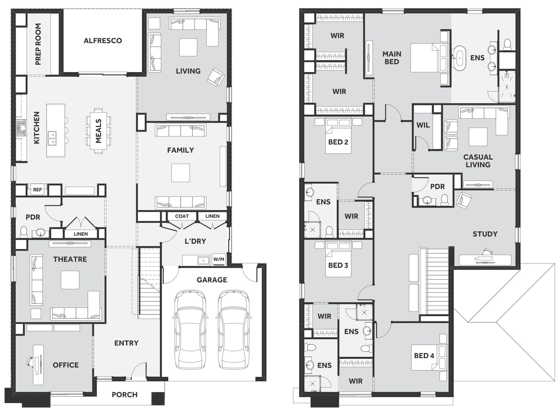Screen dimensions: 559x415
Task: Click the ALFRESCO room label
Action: tap(103, 41)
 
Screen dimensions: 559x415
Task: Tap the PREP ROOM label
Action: tap(38, 44)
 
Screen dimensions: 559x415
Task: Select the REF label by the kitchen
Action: tap(37, 190)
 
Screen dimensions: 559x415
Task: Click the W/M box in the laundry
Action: tap(219, 259)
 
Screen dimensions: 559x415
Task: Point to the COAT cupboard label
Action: tap(182, 216)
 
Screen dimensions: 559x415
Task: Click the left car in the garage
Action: tap(190, 330)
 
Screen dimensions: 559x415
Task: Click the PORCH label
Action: tap(125, 394)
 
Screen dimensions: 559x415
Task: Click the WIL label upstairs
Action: tap(423, 125)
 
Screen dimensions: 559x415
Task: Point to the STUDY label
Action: tap(485, 234)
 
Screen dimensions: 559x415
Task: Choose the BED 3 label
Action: tap(338, 265)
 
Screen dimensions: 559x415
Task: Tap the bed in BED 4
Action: tap(429, 358)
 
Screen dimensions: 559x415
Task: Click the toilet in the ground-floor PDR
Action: tap(24, 232)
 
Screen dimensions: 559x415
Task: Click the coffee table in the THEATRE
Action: tap(70, 280)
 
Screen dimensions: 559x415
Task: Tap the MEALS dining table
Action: tap(98, 131)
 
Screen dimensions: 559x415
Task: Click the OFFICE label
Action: tap(66, 365)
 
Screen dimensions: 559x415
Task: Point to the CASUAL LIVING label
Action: tap(478, 161)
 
